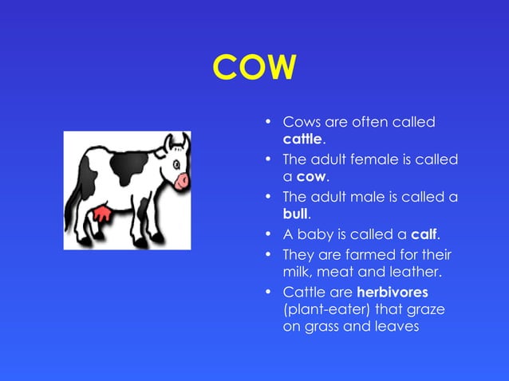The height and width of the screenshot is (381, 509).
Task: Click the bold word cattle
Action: pos(302,139)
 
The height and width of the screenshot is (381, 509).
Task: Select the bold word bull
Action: pos(295,214)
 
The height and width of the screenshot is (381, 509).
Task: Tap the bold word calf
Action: pos(425,234)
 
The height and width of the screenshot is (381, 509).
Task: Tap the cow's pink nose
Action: pos(183,180)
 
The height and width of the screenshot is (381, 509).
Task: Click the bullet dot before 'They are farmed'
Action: pos(269,255)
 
